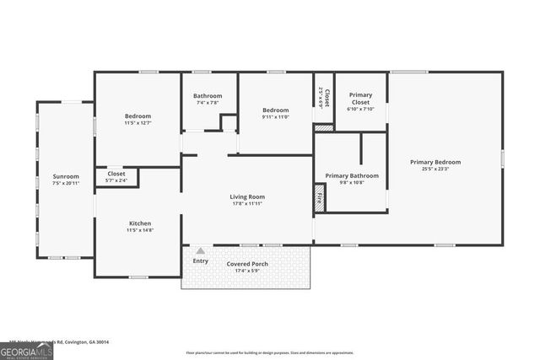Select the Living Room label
point(247,197)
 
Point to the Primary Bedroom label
point(435,162)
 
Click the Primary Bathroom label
point(352,175)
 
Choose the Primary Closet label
point(361,99)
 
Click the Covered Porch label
point(247,264)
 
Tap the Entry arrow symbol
point(200,250)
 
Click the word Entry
point(200,261)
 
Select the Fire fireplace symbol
point(320,201)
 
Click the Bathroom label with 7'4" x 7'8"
point(208,96)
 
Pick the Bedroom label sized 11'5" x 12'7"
point(138,116)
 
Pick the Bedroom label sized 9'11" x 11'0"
point(275,110)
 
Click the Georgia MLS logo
point(26,351)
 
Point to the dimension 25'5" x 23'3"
point(435,169)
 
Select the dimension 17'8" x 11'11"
point(247,204)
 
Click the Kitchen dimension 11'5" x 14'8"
point(140,230)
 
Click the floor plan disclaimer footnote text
point(282,352)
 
